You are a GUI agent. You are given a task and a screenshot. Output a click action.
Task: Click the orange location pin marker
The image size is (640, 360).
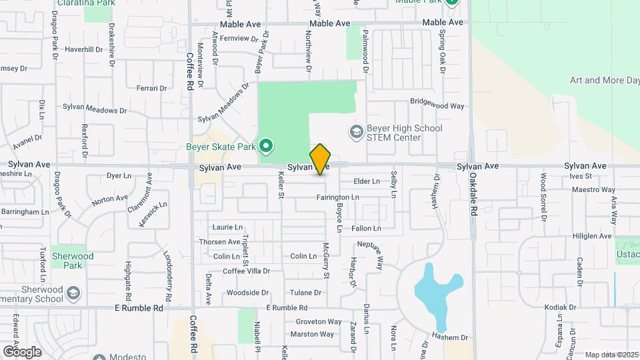[321, 159]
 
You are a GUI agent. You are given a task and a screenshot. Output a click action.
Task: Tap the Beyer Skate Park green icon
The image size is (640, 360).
[267, 145]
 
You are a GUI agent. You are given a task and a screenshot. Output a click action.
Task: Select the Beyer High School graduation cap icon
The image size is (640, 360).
[355, 133]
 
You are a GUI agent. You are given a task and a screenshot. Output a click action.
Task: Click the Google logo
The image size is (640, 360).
[22, 351]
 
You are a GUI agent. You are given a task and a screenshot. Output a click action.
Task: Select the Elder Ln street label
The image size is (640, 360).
[366, 181]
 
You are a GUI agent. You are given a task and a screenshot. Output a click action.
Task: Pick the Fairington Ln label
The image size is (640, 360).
[337, 197]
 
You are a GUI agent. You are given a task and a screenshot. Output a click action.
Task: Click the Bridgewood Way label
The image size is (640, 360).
[437, 105]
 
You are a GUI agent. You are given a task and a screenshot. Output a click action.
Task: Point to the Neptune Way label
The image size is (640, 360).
[371, 253]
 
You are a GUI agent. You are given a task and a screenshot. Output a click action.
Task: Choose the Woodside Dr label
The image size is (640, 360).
[247, 293]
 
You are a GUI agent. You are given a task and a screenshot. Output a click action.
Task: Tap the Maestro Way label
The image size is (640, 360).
[593, 189]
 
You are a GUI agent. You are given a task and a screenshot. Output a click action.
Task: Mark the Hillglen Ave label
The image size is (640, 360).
[593, 236]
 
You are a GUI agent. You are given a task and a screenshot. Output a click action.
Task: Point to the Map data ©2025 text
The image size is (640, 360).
[612, 355]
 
